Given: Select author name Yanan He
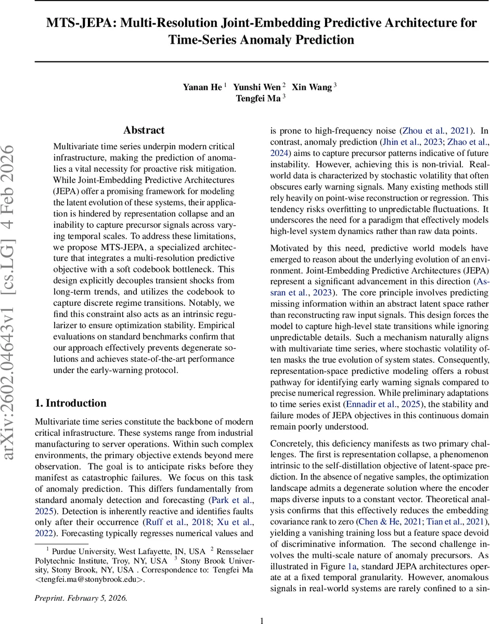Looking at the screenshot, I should coord(202,87).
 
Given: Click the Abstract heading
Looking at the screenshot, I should coord(144,130).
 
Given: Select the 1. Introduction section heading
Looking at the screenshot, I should coord(70,403).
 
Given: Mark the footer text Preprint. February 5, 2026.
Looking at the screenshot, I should coord(81,597).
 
